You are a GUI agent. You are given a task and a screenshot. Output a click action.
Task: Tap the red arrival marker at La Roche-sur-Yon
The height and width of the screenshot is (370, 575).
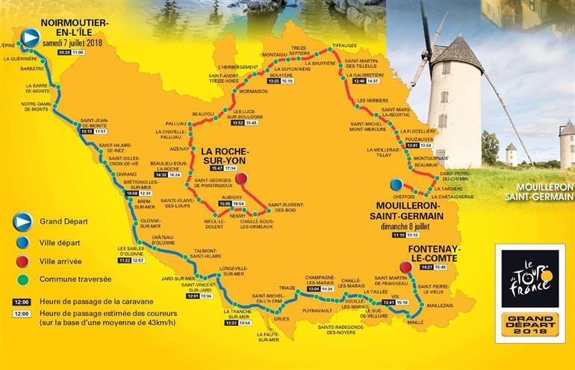[241, 179]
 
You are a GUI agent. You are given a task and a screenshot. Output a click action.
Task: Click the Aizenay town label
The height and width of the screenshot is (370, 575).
[179, 149]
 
